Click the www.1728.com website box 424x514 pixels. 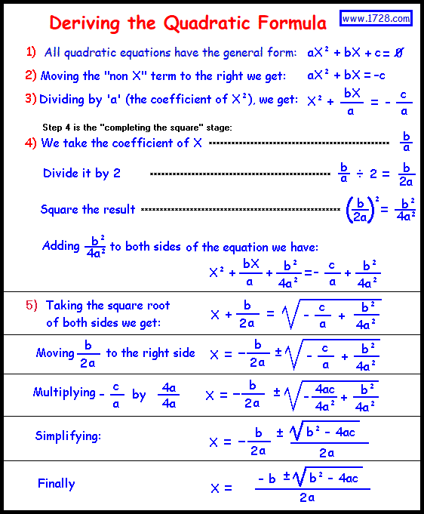(376, 18)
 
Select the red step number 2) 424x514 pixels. (31, 75)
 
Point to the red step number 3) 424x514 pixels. (31, 98)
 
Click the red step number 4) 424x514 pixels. (31, 142)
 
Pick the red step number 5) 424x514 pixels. (31, 305)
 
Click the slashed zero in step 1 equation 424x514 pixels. (398, 53)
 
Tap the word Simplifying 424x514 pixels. (68, 436)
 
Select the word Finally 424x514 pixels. (57, 484)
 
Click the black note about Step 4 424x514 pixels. (137, 127)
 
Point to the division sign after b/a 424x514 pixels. (361, 174)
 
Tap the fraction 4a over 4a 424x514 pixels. (167, 396)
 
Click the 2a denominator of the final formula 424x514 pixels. (307, 498)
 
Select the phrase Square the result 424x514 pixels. (88, 209)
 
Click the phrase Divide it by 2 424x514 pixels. (81, 173)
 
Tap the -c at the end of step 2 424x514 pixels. (379, 75)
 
